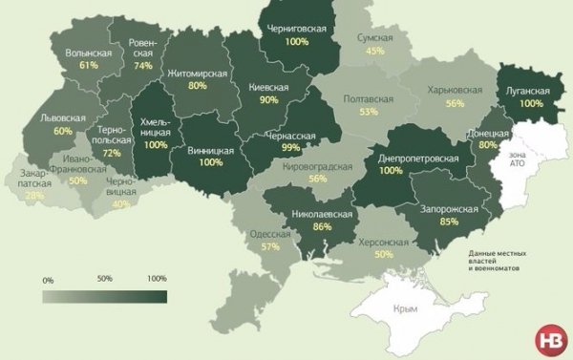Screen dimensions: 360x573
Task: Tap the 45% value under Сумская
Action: [x=374, y=51]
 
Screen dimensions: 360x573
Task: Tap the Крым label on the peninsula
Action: [x=409, y=309]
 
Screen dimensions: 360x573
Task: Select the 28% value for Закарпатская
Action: [x=35, y=195]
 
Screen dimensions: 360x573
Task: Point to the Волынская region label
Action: [x=89, y=53]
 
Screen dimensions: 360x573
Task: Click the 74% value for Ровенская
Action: [x=143, y=66]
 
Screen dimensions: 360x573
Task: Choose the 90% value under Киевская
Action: [x=268, y=100]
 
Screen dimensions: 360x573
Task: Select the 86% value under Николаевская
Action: [x=321, y=227]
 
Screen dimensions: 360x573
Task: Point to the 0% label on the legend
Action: [x=49, y=280]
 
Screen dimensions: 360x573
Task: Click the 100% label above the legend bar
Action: [x=157, y=279]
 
